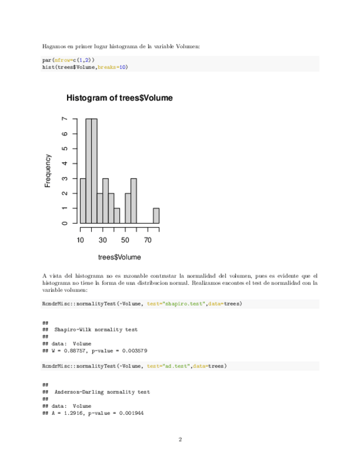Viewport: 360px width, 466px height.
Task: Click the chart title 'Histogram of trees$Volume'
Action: (x=119, y=98)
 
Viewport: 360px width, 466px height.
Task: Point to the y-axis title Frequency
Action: (x=48, y=171)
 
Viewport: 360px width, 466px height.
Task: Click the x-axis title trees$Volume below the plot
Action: (x=119, y=257)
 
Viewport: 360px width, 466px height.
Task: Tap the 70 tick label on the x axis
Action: (x=147, y=240)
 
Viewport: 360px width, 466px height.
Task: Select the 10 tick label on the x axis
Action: (x=80, y=240)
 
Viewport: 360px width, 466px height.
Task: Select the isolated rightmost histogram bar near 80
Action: (x=156, y=215)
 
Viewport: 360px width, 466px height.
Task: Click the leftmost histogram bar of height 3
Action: (x=83, y=201)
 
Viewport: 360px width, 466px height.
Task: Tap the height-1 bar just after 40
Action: (x=117, y=215)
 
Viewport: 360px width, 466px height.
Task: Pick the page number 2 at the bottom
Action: (x=180, y=439)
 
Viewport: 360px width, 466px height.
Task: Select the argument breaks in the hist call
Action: (x=107, y=67)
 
